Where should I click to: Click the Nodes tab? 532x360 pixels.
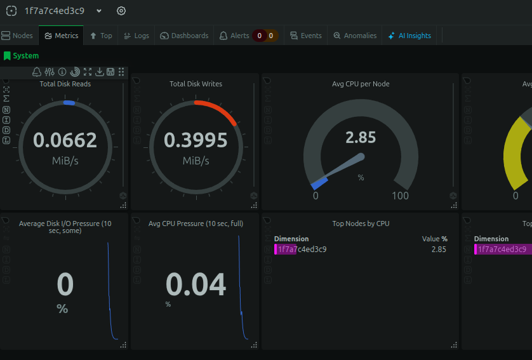pos(17,36)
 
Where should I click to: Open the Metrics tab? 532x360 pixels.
pos(62,36)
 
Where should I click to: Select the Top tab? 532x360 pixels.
pos(101,36)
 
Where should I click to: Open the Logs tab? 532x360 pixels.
pos(136,36)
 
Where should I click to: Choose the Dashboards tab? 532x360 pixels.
pos(184,36)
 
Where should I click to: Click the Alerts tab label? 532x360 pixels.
pos(234,36)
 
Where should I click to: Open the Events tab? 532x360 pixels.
pos(306,36)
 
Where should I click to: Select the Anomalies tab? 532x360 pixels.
pos(355,36)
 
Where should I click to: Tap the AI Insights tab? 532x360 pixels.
pos(409,36)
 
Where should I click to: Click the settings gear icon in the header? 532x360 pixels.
pos(121,11)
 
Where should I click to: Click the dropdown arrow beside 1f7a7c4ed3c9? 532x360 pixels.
pos(99,11)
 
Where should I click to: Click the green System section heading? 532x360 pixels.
pos(22,56)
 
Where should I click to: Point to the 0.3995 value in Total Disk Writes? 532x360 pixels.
pos(196,140)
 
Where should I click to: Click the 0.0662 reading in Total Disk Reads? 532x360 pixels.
pos(65,140)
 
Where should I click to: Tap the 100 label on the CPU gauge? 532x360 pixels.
pos(400,196)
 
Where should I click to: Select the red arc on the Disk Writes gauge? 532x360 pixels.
pos(220,109)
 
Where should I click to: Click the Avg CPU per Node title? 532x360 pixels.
pos(361,84)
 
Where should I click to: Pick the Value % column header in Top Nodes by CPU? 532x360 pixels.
pos(435,239)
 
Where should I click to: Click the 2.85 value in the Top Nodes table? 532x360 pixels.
pos(439,250)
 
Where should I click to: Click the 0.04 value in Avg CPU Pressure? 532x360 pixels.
pos(196,284)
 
